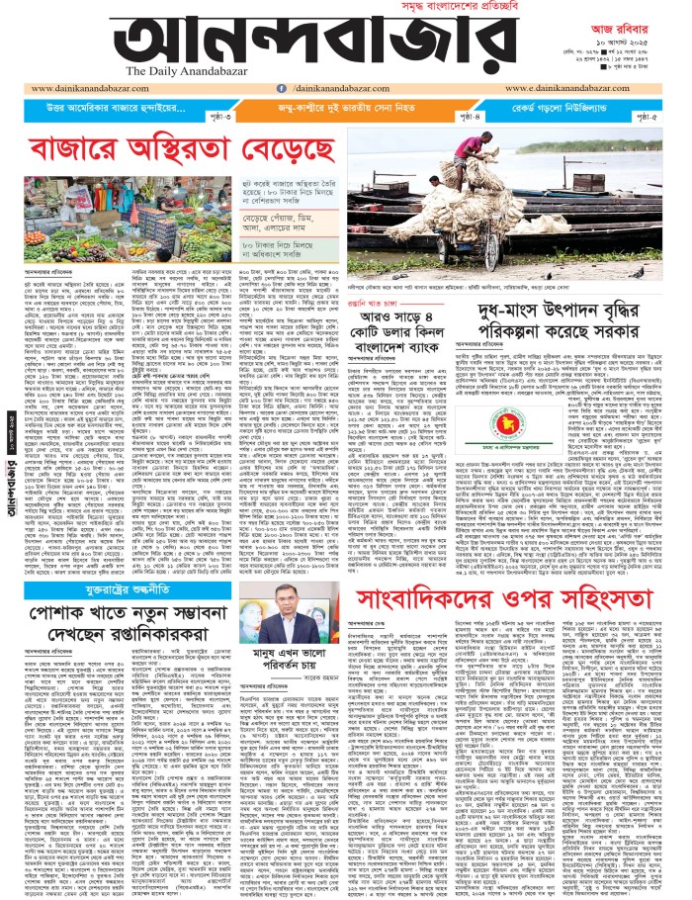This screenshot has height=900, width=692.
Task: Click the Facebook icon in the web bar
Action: pyautogui.click(x=234, y=87)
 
